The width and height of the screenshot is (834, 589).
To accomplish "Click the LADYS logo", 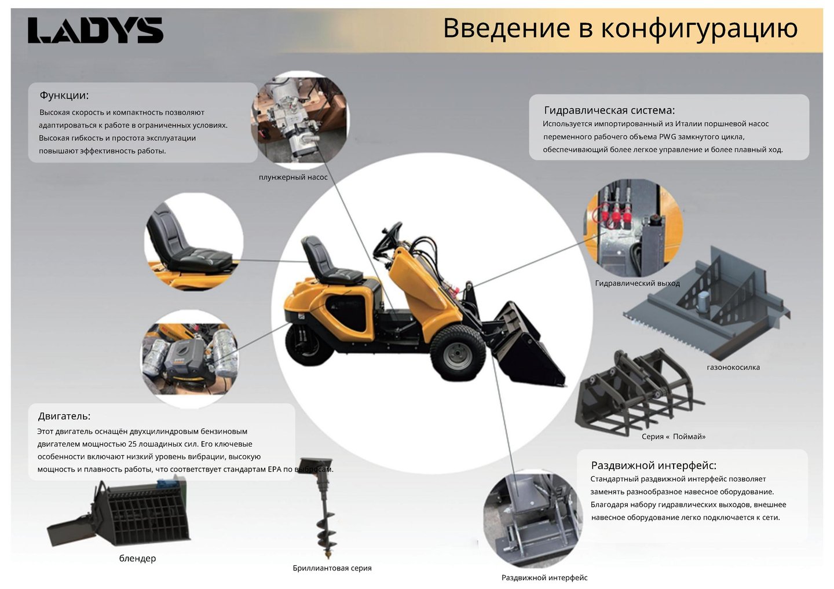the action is (96, 30).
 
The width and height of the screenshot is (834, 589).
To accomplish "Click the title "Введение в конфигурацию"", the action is (620, 28).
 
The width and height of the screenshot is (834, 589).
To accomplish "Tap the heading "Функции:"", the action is (64, 96).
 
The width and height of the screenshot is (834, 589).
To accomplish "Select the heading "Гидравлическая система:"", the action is (609, 110).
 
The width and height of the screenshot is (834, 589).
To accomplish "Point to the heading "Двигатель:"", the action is (64, 416).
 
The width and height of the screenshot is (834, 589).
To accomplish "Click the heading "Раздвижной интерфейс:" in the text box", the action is (653, 466).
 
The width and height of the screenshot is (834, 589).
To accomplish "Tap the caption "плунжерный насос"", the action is (293, 177).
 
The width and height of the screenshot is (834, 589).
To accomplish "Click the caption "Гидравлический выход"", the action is (638, 283).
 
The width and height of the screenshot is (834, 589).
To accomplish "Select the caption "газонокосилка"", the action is (733, 367).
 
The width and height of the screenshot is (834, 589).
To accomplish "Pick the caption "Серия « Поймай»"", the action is (674, 436).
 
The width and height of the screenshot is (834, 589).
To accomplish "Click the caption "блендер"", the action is (137, 558).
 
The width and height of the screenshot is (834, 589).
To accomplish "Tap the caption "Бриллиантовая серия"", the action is (332, 568).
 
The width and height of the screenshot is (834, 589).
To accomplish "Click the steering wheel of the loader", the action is (387, 239).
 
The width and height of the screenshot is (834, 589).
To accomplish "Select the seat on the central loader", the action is (331, 262).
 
